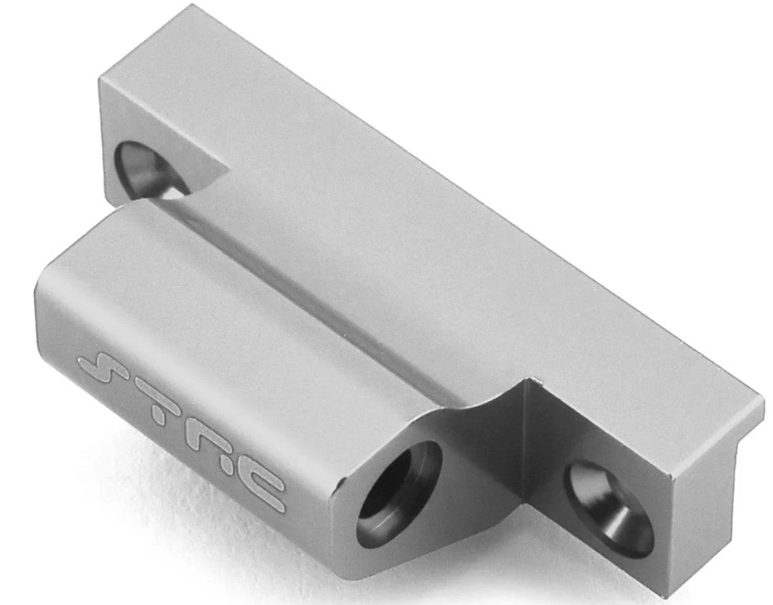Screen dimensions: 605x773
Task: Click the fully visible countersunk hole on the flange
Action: [x=609, y=507]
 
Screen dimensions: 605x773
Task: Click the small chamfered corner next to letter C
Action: [x=339, y=482]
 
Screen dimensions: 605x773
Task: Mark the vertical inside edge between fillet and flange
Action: [x=525, y=443]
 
